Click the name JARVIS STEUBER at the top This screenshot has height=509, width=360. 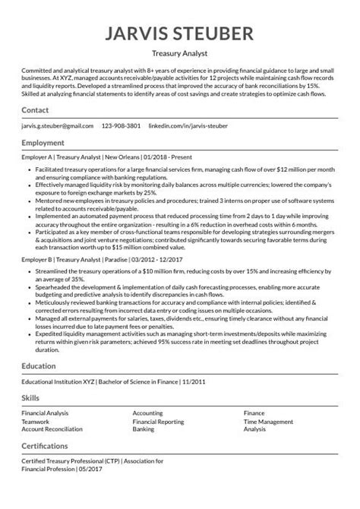pos(180,34)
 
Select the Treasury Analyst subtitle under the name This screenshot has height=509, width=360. pos(180,55)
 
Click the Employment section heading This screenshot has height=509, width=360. pos(45,143)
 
